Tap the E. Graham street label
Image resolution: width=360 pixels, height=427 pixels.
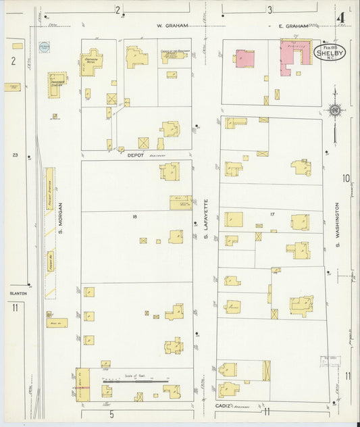294,26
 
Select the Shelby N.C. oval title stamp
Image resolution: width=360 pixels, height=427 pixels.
330,52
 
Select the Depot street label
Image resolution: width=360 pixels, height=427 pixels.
137,155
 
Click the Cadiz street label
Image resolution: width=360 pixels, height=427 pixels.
225,405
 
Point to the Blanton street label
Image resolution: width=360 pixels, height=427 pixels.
18,293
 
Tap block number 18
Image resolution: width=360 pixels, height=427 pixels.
134,216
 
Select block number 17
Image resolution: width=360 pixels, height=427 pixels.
272,214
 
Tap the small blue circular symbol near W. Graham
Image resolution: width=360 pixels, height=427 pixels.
45,47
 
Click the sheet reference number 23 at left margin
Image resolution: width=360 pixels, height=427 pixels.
15,155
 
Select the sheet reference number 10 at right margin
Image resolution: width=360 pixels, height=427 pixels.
346,179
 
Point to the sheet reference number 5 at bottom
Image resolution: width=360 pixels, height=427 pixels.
111,413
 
